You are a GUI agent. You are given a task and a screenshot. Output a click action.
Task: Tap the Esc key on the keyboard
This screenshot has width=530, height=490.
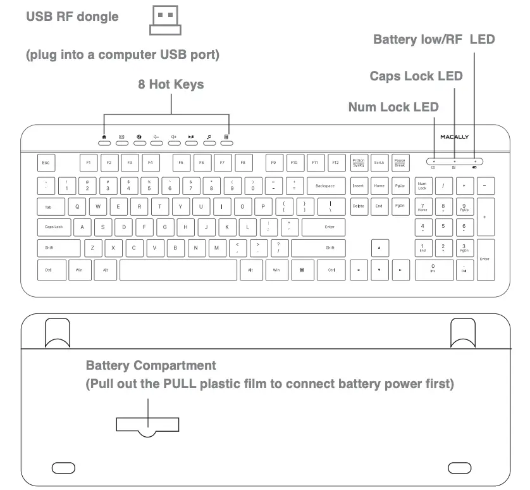[46, 163]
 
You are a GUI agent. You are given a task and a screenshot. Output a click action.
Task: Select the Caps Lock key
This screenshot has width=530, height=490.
[54, 227]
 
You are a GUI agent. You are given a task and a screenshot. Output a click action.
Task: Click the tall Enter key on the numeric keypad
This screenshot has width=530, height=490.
[485, 259]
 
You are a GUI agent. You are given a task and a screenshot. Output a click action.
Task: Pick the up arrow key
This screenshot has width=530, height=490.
[379, 248]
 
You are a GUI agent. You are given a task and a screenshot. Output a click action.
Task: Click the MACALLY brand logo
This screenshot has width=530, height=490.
[455, 137]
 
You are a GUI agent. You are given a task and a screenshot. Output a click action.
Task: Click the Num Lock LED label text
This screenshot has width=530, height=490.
[393, 107]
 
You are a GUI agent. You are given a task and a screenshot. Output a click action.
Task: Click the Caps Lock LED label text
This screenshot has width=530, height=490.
[416, 76]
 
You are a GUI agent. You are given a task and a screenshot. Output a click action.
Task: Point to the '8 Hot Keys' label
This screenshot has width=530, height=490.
[171, 84]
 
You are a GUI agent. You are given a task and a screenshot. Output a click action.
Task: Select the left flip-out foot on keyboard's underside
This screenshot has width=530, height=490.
[57, 332]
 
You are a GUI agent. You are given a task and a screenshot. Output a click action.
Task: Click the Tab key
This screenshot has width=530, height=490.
[48, 206]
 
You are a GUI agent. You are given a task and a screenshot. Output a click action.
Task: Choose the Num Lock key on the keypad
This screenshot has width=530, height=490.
[422, 186]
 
